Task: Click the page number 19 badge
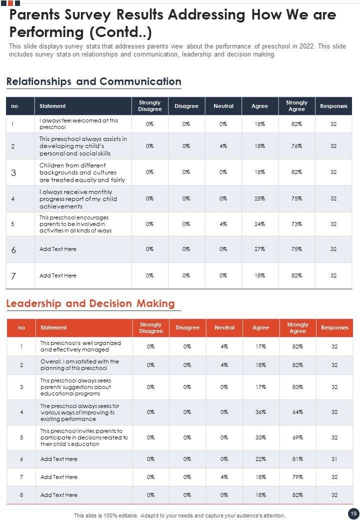353,513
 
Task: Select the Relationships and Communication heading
93,81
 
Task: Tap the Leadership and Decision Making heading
90,303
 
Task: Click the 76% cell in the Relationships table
296,146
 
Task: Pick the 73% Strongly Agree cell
296,224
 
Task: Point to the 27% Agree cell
259,249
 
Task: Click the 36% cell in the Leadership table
260,412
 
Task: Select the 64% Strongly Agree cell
297,412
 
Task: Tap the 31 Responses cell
334,459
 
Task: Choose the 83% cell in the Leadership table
297,387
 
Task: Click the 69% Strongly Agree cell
297,437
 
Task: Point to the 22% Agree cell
260,459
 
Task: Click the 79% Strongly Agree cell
297,477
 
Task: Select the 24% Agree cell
259,224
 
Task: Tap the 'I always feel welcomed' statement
78,124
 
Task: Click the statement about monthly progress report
78,199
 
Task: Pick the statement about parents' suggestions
75,387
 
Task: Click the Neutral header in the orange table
224,328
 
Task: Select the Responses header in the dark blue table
333,106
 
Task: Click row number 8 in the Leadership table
21,495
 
